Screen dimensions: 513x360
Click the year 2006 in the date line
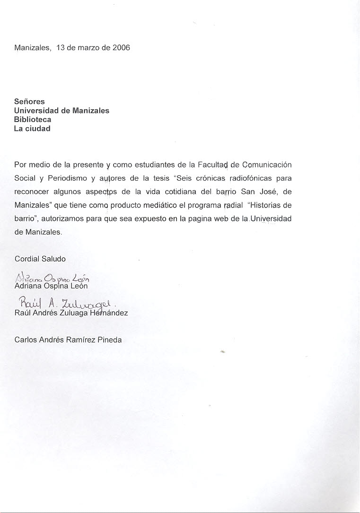click(x=121, y=48)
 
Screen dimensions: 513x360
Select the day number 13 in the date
click(x=60, y=48)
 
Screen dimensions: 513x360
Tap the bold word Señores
click(x=29, y=102)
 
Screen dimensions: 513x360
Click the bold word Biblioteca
click(x=33, y=120)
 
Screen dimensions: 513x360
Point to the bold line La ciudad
click(x=32, y=129)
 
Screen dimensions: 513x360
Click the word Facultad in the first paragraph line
click(x=212, y=165)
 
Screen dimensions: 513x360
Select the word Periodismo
click(x=68, y=178)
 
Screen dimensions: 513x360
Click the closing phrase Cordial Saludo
click(x=40, y=259)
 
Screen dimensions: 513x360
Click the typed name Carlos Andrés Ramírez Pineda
click(x=68, y=339)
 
